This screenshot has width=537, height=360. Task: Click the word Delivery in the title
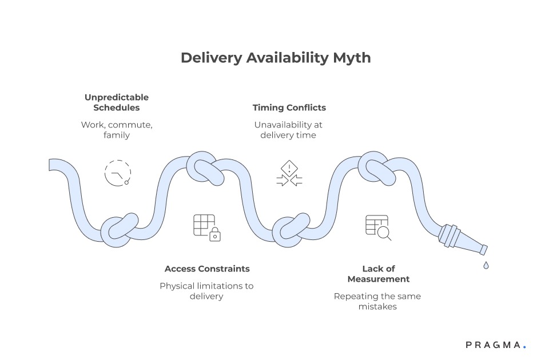click(x=205, y=58)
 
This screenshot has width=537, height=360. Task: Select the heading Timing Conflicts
click(x=289, y=107)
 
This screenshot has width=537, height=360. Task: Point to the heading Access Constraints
click(x=207, y=269)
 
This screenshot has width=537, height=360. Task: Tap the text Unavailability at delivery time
click(x=289, y=130)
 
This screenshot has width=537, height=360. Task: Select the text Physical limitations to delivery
click(x=206, y=291)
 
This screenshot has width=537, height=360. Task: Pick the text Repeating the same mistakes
click(x=377, y=301)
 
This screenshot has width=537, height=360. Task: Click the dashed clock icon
click(x=117, y=173)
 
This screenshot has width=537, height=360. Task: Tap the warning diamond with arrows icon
click(x=289, y=174)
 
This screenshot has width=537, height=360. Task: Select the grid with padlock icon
click(x=206, y=227)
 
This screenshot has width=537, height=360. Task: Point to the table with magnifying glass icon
click(x=378, y=227)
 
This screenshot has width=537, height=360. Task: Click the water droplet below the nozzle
click(x=486, y=265)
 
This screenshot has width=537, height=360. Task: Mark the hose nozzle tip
click(x=483, y=249)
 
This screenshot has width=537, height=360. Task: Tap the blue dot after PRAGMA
click(x=524, y=347)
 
